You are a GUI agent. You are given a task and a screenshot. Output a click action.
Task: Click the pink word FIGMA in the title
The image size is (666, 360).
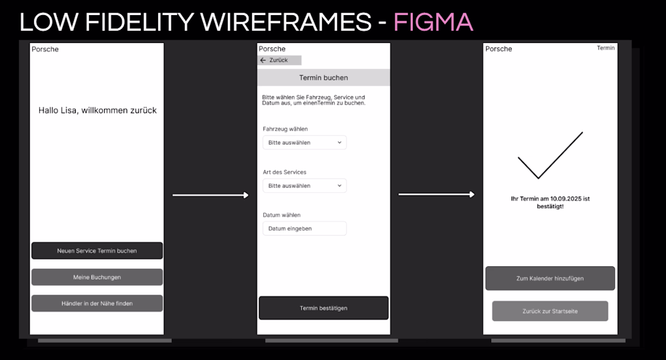click(434, 22)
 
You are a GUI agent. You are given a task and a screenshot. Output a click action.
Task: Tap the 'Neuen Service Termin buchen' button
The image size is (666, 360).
click(97, 250)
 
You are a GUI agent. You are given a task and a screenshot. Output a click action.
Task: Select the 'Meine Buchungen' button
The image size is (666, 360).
click(97, 277)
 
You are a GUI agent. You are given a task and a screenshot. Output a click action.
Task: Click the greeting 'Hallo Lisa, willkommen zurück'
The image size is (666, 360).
click(97, 110)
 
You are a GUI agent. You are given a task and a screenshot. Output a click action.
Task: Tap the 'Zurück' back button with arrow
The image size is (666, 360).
click(279, 61)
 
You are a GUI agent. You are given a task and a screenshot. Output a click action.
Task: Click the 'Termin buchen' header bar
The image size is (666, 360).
click(324, 77)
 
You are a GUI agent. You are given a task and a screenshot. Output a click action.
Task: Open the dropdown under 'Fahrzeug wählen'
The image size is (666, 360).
click(305, 143)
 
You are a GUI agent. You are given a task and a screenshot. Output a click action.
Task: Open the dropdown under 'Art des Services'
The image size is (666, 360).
click(305, 186)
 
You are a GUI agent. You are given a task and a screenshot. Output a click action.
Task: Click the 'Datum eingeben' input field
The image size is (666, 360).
click(305, 228)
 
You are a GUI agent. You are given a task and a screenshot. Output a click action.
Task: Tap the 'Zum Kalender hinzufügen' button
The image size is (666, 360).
click(550, 278)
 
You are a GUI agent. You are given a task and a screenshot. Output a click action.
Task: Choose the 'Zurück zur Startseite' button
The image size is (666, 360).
click(550, 311)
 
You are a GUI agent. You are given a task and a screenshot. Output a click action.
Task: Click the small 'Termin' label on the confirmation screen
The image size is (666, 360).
click(605, 48)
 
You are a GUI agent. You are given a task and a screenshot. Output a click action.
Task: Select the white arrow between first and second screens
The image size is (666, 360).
click(211, 195)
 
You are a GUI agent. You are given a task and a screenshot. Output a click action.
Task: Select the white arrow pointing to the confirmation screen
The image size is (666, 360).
click(437, 194)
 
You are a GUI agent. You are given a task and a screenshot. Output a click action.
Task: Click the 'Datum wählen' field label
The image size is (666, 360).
click(282, 215)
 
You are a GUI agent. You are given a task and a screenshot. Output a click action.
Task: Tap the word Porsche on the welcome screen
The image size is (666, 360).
click(45, 49)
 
